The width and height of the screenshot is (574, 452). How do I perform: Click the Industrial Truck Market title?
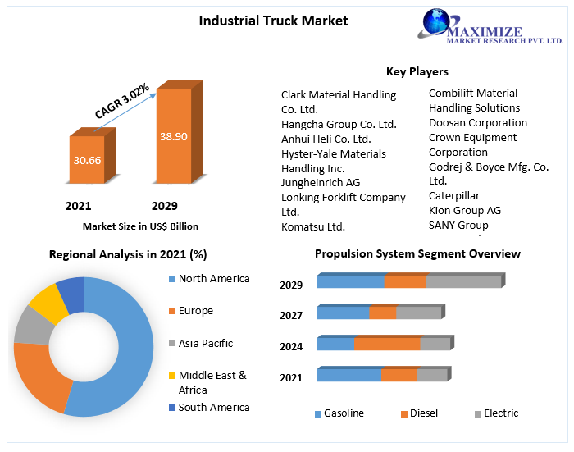(x=273, y=21)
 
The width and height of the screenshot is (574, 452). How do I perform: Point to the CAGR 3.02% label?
(x=121, y=101)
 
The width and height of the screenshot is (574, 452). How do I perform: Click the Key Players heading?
(x=417, y=71)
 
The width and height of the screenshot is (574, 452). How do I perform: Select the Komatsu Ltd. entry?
(x=312, y=226)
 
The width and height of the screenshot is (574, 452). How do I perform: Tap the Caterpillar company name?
(x=453, y=195)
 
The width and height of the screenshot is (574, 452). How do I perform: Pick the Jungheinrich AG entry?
(x=320, y=182)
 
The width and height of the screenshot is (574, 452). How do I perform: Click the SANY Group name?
(x=458, y=225)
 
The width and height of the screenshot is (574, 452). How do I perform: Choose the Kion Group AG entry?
(x=464, y=210)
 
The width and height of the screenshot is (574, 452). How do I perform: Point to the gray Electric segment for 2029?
(x=463, y=281)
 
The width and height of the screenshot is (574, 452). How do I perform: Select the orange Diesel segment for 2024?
(x=386, y=344)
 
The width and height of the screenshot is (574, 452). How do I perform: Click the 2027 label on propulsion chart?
(x=291, y=315)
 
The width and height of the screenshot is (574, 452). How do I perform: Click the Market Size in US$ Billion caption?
(x=140, y=226)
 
